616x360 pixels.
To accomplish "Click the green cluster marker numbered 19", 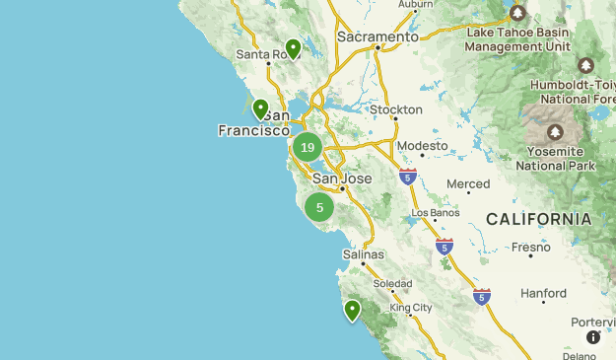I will pos(308,148).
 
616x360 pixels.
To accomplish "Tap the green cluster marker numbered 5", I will pos(319,207).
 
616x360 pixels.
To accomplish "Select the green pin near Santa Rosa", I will pos(293,47).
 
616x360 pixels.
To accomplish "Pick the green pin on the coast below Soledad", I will pos(352,311).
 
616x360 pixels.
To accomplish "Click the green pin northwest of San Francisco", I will pos(260,108).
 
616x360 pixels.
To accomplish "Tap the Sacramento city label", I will pos(377,36).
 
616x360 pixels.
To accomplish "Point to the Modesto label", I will pos(422,146).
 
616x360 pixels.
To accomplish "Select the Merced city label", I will pos(467,184).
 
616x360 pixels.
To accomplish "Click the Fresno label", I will pos(531,247).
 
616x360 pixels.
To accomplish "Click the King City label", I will pos(411,308).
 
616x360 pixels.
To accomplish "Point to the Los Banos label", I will pos(435,212).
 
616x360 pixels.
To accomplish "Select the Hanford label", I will pos(543,293).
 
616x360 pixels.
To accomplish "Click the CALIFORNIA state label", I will pos(537,219).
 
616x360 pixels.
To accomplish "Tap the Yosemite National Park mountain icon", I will pos(556,132).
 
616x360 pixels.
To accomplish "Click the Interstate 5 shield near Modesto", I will pos(407,178).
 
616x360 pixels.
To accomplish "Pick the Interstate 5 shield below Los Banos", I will pos(445,247).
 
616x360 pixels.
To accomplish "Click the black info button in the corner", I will pos(593,337).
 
